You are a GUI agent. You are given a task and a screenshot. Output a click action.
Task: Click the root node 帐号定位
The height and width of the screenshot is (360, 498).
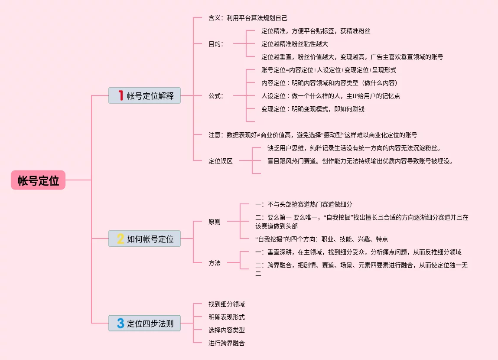coord(38,180)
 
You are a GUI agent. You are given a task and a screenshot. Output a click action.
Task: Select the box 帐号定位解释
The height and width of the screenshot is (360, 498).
coord(144,95)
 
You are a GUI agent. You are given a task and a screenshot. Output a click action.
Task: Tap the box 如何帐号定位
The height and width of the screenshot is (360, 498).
coord(144,239)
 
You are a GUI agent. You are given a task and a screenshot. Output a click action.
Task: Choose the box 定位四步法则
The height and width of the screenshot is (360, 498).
coord(144,323)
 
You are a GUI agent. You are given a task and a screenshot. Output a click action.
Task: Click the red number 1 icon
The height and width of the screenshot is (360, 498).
coord(121,95)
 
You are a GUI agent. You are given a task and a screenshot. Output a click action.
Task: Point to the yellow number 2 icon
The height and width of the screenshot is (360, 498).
coord(120,239)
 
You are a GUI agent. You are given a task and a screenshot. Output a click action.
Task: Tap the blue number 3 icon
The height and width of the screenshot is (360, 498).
coord(120,323)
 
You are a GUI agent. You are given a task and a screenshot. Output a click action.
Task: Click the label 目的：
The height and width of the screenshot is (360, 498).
coord(216,44)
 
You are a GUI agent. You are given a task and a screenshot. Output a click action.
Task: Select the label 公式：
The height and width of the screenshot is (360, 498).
coord(216,96)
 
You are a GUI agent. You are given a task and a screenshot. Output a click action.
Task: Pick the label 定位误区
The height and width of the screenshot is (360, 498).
coord(221,161)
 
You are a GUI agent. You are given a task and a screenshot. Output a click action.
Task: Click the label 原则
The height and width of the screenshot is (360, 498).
coord(215,222)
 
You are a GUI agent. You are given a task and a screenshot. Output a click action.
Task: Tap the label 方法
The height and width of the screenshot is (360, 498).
coord(215,263)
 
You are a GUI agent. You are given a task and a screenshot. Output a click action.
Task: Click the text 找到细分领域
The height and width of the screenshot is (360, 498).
coord(227,304)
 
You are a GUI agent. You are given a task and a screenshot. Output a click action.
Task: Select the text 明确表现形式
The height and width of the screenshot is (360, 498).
coord(227,317)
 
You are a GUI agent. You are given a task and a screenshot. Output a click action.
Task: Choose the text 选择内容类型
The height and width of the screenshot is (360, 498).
coord(227,330)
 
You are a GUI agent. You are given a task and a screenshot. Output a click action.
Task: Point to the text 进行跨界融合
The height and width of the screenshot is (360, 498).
coord(227,343)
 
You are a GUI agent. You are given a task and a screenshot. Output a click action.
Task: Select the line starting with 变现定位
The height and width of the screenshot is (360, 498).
coord(313,109)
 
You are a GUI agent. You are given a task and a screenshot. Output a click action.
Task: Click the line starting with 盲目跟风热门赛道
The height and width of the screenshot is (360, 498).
coord(360,161)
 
